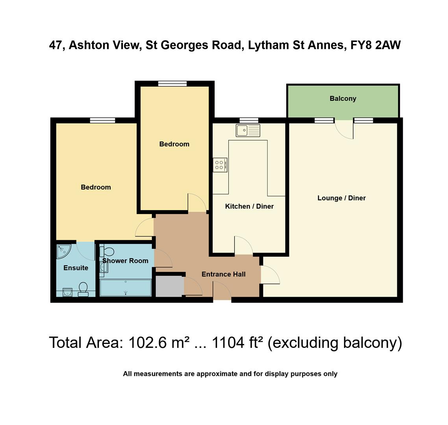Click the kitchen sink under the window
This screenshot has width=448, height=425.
pyautogui.click(x=248, y=130)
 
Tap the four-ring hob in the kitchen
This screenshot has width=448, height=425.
pyautogui.click(x=220, y=165)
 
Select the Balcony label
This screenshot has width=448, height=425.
pyautogui.click(x=343, y=99)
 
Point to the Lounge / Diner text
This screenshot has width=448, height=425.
pyautogui.click(x=341, y=198)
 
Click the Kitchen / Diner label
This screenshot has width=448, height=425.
pyautogui.click(x=249, y=206)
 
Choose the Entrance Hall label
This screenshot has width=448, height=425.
pyautogui.click(x=223, y=274)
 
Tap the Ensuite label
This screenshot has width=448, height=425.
pyautogui.click(x=76, y=268)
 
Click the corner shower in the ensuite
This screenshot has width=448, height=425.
pyautogui.click(x=63, y=251)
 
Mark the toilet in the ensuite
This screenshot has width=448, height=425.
pyautogui.click(x=83, y=289)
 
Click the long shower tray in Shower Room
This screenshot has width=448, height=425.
pyautogui.click(x=126, y=288)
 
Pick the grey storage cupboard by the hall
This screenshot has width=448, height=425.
pyautogui.click(x=169, y=286)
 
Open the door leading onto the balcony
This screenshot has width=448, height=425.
pyautogui.click(x=344, y=129)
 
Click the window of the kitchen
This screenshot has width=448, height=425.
pyautogui.click(x=249, y=120)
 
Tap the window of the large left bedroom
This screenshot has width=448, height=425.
pyautogui.click(x=102, y=120)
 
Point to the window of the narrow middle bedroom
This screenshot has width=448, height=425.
pyautogui.click(x=172, y=83)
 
